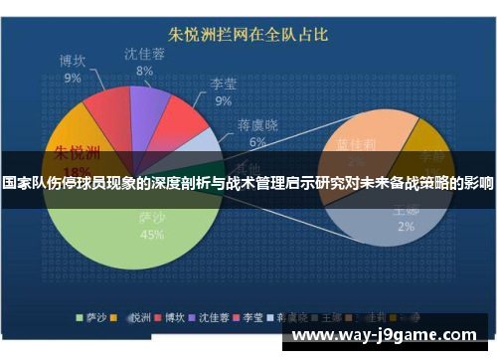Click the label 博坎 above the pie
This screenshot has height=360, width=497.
tap(73, 61)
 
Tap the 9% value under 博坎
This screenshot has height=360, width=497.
tap(73, 77)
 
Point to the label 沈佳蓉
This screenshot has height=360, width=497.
tap(144, 54)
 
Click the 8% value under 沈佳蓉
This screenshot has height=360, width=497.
tap(144, 71)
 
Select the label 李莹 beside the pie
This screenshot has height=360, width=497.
tap(224, 85)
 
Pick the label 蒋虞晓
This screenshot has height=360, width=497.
tap(257, 126)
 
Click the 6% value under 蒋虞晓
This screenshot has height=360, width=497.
tap(257, 142)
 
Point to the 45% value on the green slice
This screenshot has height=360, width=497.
tap(151, 236)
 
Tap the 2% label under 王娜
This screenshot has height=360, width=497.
tap(407, 226)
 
